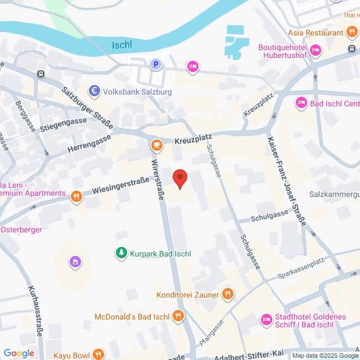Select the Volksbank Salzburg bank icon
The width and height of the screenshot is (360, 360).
94,91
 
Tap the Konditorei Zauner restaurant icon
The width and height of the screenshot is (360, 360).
227,293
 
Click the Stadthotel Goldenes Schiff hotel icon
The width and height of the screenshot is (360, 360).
266,320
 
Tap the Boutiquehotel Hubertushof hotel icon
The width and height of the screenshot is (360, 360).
316,51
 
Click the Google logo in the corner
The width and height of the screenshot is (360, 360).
19,353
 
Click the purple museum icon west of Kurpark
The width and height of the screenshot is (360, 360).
75,262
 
